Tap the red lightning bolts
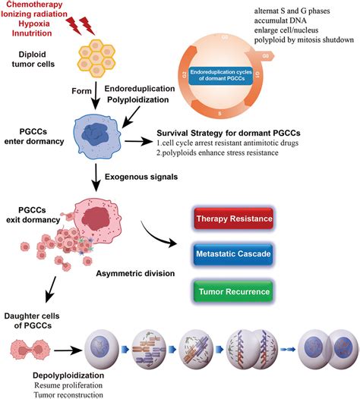pyautogui.click(x=81, y=26)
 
